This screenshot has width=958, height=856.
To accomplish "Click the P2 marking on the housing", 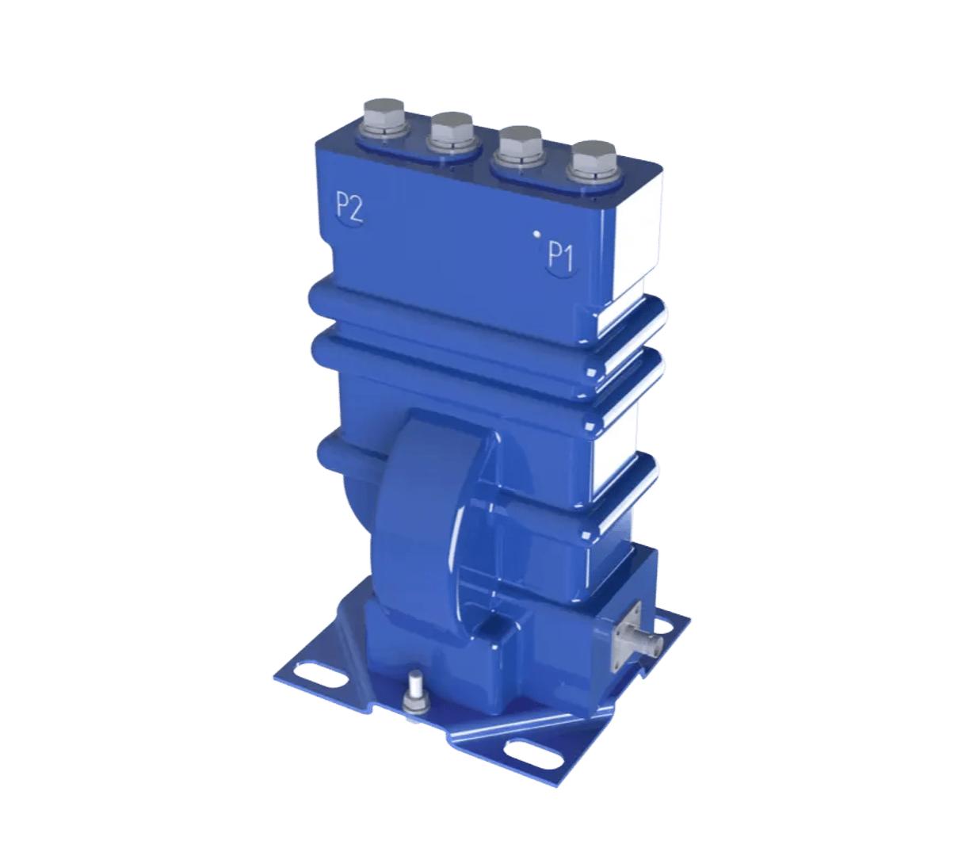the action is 349,208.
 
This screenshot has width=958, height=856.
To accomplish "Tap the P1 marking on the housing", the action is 561,256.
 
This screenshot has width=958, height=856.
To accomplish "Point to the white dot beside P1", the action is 536,234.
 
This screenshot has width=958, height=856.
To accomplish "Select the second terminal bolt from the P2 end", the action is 451,131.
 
